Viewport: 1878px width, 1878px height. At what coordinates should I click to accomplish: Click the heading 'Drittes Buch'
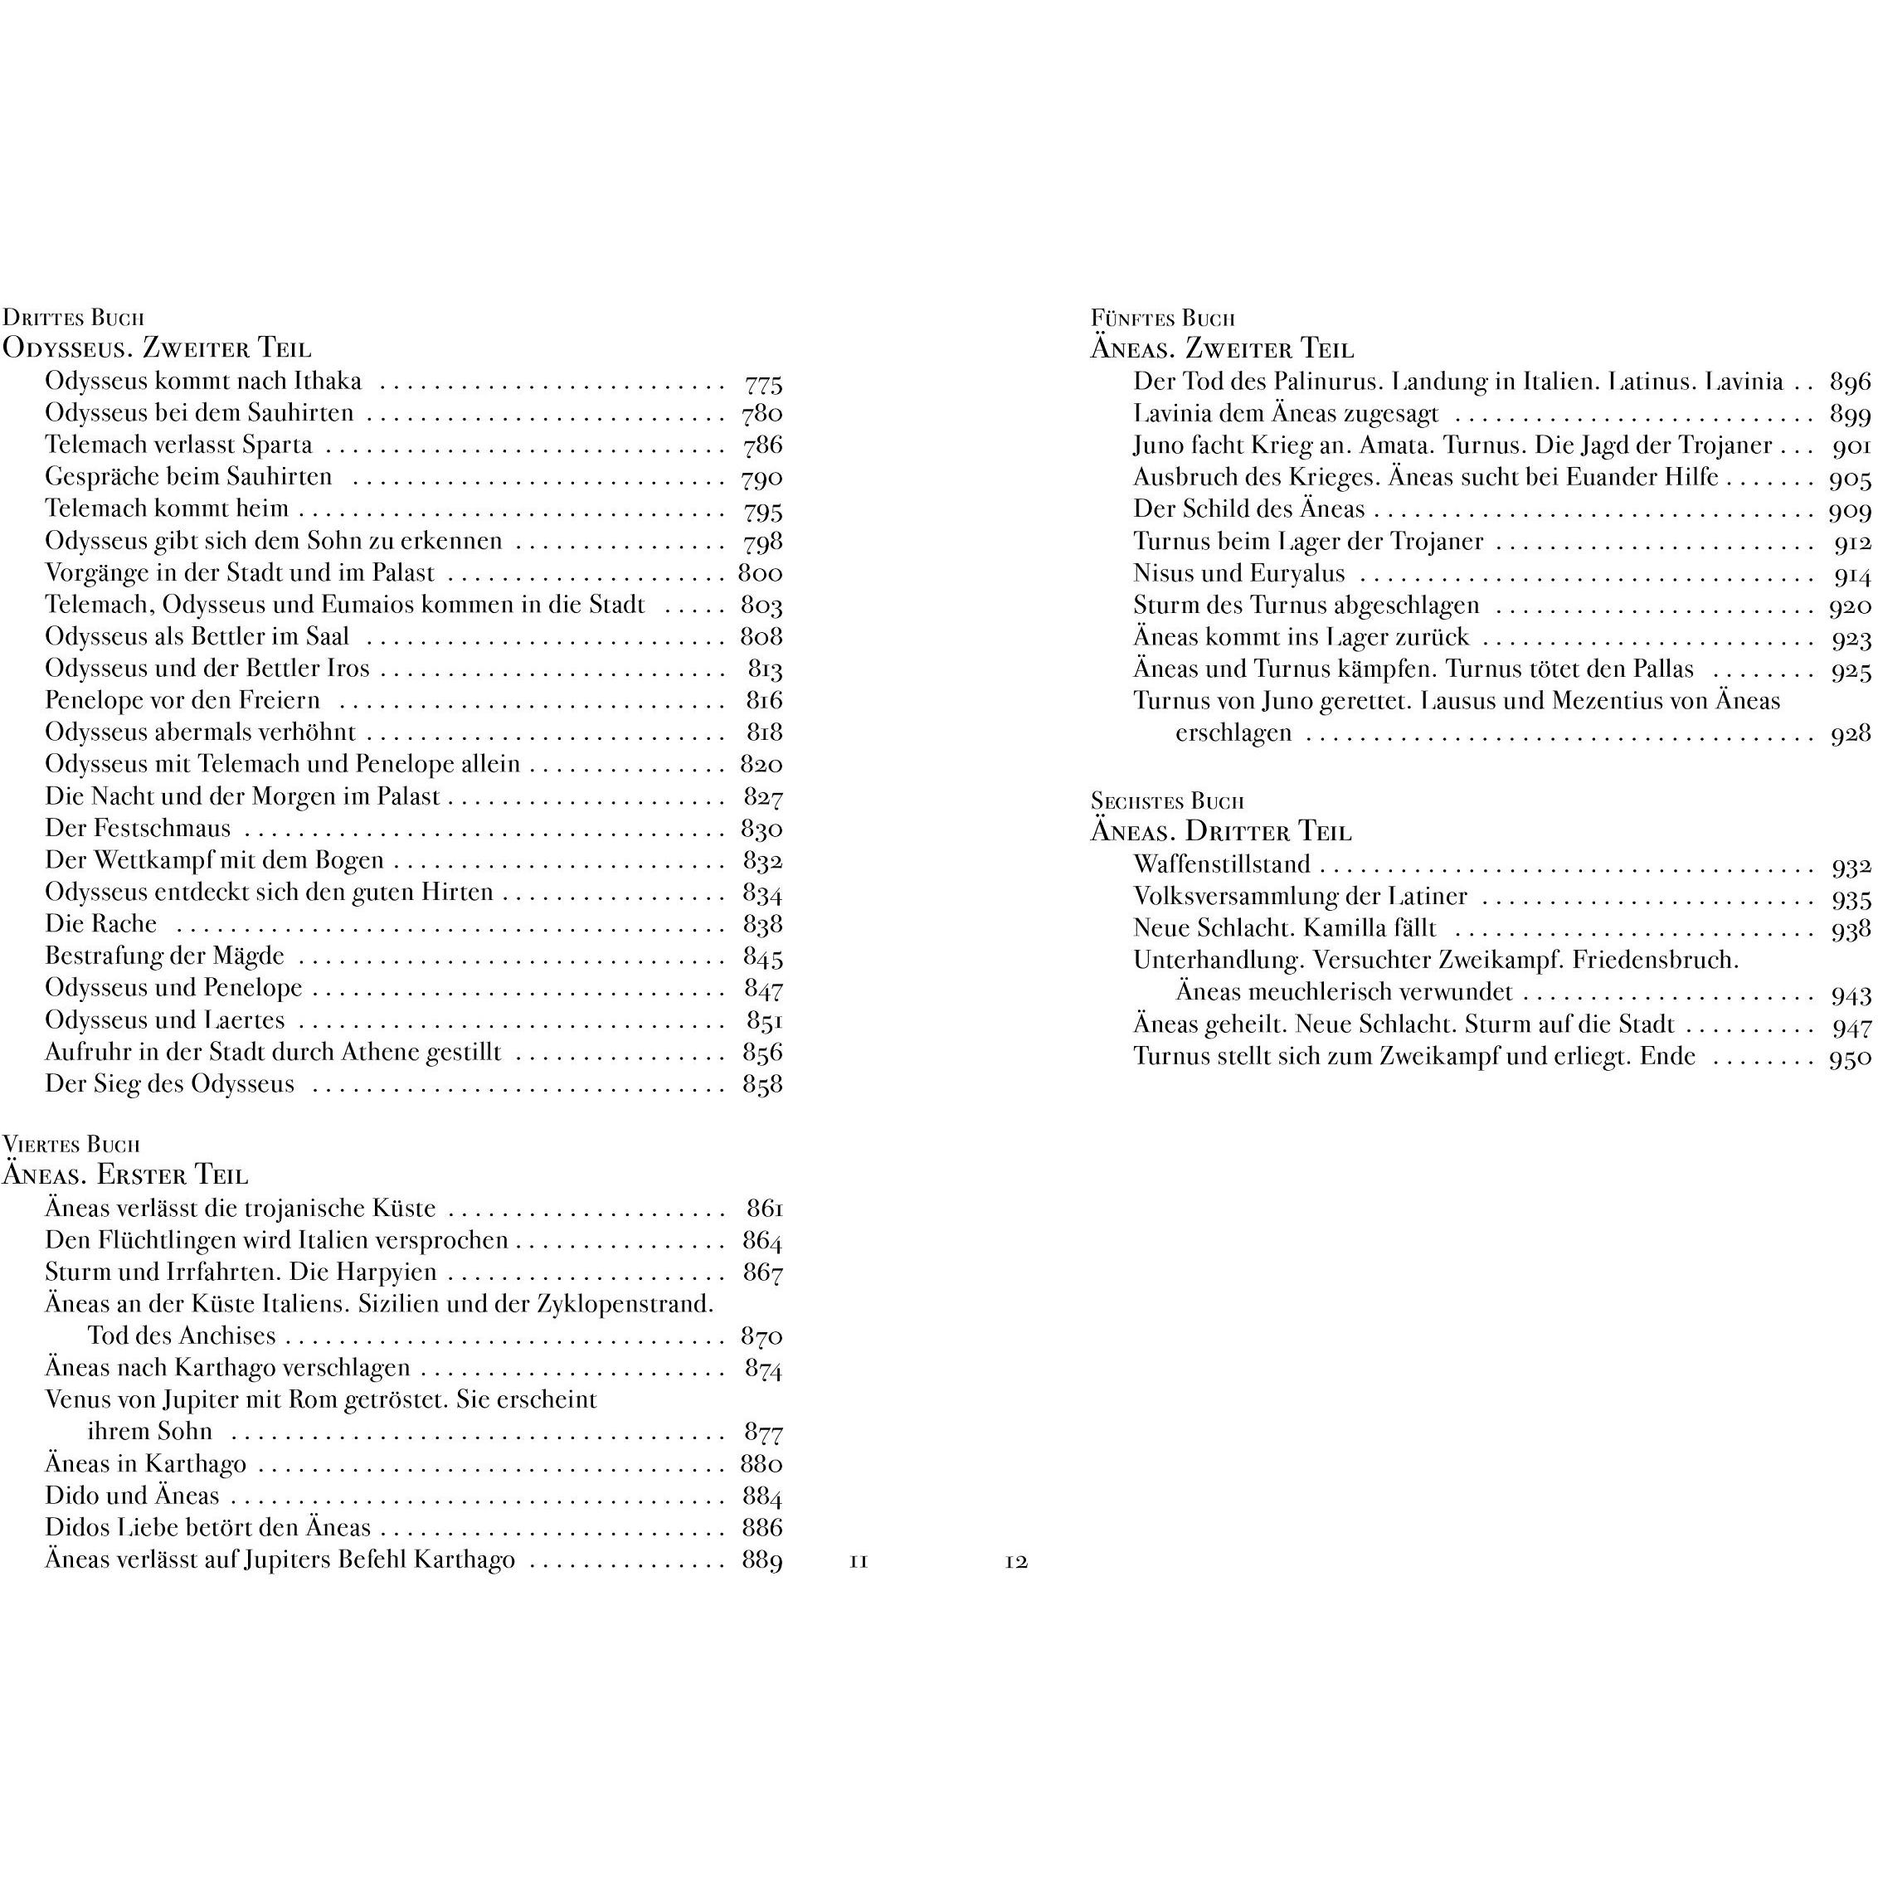(73, 317)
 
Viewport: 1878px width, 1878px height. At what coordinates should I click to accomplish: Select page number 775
(763, 383)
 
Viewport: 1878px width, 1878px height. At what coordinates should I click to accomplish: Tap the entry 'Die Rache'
(100, 923)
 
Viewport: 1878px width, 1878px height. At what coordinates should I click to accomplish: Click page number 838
(762, 924)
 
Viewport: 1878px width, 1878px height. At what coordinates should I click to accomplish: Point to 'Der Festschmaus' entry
(137, 828)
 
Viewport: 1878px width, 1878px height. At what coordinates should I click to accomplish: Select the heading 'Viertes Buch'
(71, 1144)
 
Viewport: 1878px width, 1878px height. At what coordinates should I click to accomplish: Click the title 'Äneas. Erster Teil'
(125, 1175)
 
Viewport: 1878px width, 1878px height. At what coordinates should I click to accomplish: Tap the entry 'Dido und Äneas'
(132, 1495)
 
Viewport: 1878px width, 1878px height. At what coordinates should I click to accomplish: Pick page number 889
(762, 1561)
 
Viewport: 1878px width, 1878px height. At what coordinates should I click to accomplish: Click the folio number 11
(859, 1562)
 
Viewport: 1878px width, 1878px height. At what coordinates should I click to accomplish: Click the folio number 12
(1016, 1562)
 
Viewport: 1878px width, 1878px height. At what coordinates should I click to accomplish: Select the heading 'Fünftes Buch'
(1163, 318)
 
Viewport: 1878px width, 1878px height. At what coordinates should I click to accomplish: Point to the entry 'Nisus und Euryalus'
(1238, 573)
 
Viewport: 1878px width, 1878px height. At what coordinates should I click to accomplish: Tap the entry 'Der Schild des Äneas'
(1248, 509)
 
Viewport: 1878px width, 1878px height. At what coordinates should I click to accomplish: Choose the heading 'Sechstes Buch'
(1166, 801)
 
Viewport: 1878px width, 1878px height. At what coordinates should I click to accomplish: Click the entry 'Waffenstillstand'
(1221, 864)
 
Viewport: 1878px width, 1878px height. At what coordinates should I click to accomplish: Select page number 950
(1850, 1058)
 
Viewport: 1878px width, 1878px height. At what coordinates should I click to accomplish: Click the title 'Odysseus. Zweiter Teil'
(157, 348)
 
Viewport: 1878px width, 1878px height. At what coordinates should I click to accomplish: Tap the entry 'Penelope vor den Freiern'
(182, 700)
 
